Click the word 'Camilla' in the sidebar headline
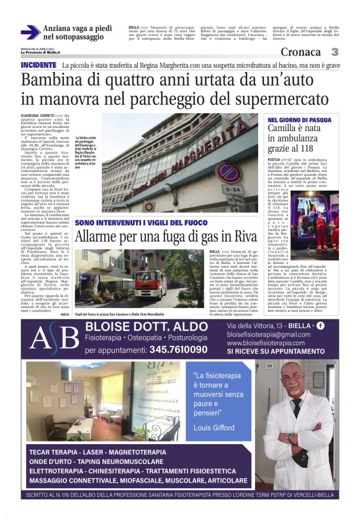click(286, 129)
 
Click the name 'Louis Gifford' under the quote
click(215, 428)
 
